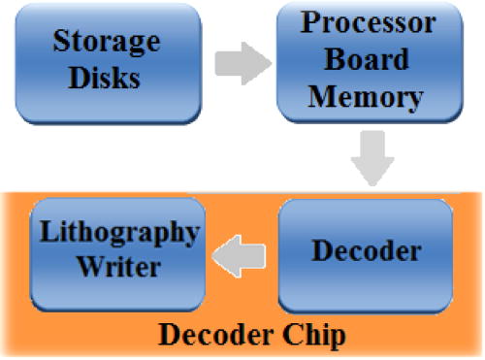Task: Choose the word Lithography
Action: click(117, 234)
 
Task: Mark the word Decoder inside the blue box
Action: click(366, 250)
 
